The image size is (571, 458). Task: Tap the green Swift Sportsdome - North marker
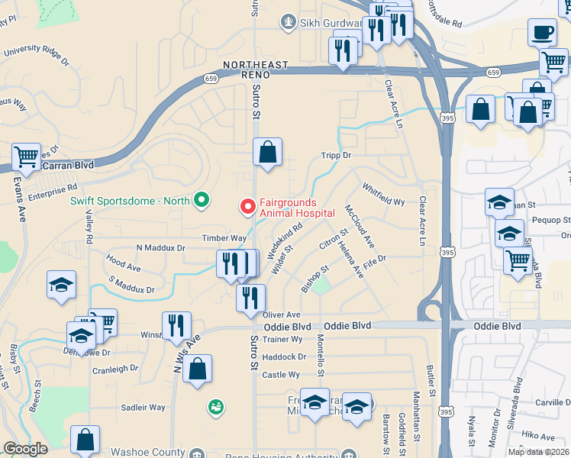(x=202, y=201)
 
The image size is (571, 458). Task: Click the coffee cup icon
(x=542, y=33)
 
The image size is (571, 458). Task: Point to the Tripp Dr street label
(x=335, y=155)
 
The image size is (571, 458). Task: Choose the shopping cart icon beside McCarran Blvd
(x=27, y=157)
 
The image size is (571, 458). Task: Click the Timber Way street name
(x=224, y=238)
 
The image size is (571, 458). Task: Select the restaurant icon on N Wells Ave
(x=177, y=325)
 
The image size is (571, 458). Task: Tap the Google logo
(x=25, y=449)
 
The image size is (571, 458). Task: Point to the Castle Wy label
(x=281, y=375)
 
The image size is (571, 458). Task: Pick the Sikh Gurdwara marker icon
(x=288, y=22)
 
